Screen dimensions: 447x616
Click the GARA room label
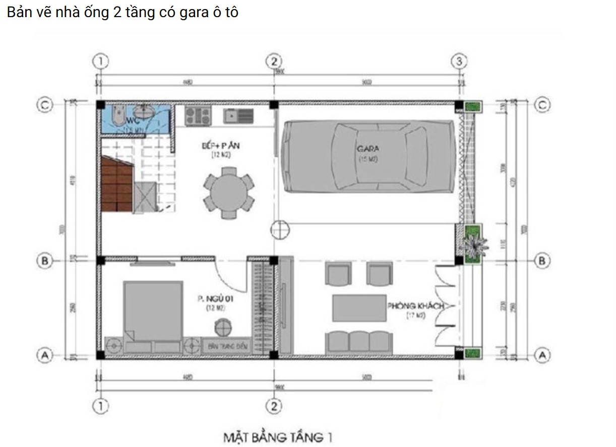368,149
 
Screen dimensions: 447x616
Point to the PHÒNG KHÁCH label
416,306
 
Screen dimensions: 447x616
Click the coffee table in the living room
359,308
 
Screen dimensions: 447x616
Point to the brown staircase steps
117,184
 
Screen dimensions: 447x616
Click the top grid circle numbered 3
458,61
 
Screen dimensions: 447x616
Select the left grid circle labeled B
45,261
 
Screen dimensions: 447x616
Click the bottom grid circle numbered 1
101,406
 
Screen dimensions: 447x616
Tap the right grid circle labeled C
542,105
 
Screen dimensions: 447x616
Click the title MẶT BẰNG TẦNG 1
277,437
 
